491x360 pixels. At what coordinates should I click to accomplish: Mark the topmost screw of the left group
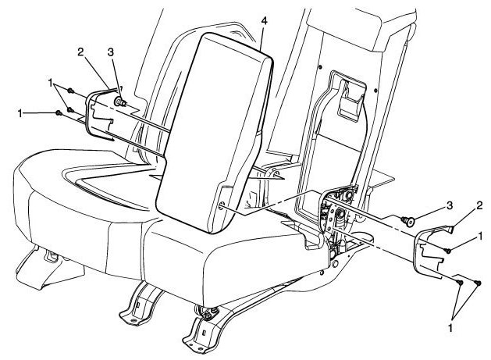coord(71,91)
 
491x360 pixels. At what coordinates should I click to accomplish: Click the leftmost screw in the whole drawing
coord(59,115)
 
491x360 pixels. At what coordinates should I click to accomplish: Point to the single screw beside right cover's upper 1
coord(452,249)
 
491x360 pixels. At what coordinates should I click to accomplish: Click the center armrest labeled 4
coord(219,125)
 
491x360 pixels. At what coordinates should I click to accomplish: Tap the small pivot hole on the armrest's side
coord(221,207)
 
